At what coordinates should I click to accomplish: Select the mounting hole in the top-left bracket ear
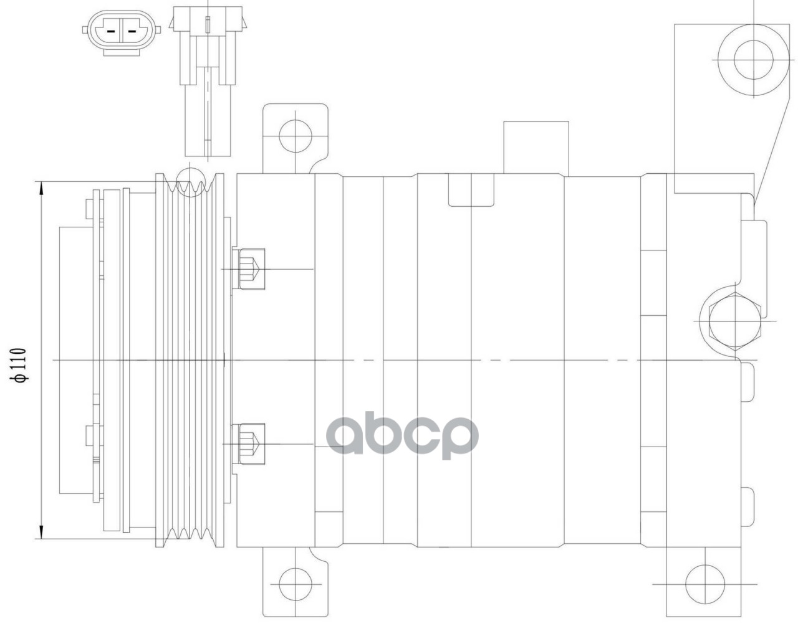click(x=294, y=133)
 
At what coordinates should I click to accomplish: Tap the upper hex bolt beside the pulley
click(x=249, y=268)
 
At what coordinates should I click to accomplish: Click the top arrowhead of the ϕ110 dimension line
click(x=41, y=186)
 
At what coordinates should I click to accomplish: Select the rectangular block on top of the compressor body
click(x=536, y=148)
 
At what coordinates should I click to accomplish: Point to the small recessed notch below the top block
click(x=471, y=189)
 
